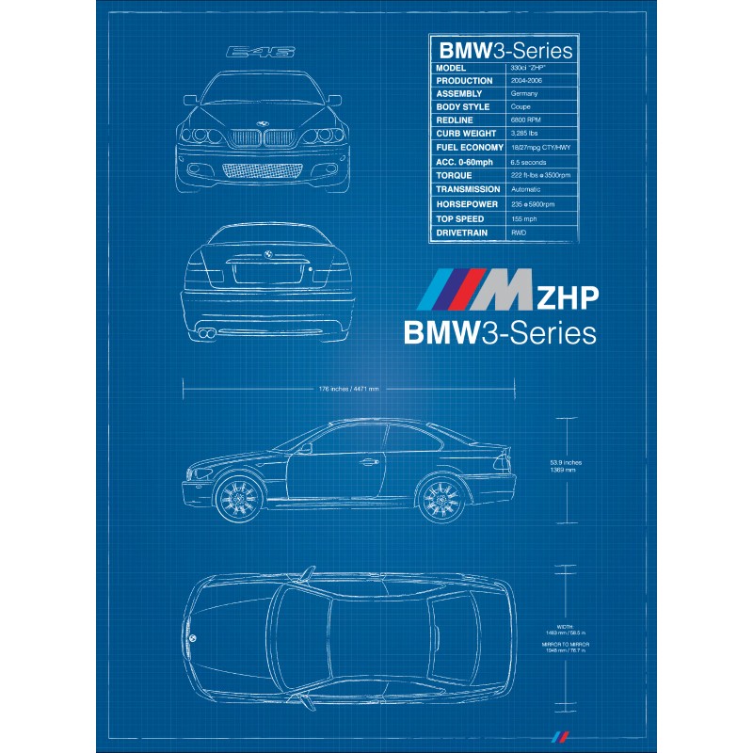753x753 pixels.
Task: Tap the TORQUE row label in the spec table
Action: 454,175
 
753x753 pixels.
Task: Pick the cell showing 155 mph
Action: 524,218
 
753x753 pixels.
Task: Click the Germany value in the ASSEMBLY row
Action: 525,94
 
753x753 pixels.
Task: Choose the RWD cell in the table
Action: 519,232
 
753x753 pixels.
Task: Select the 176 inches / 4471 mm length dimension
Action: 348,388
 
